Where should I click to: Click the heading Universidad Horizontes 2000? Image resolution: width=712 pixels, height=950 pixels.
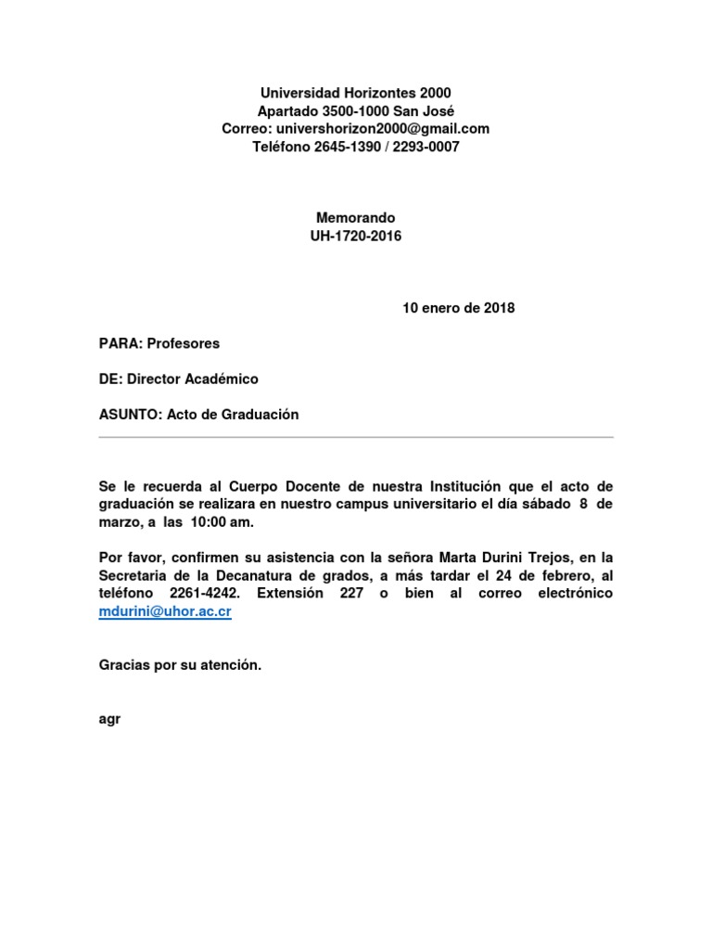[x=356, y=93]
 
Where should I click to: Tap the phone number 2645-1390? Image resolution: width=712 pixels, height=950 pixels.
[x=341, y=147]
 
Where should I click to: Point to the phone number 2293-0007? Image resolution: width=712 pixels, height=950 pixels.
[x=425, y=147]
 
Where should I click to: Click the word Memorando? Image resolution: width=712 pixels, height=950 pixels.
[x=356, y=218]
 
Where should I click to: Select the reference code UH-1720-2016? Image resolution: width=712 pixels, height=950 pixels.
[x=356, y=236]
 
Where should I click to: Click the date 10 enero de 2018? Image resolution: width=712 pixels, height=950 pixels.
[x=458, y=308]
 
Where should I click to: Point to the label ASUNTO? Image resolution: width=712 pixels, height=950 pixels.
[x=131, y=415]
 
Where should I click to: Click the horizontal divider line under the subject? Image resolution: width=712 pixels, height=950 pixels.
[x=356, y=437]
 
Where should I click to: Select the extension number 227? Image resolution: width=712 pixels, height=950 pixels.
[x=350, y=593]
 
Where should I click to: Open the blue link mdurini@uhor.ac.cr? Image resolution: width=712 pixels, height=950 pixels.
[x=165, y=612]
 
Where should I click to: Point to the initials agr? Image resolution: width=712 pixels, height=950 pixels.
[x=108, y=718]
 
